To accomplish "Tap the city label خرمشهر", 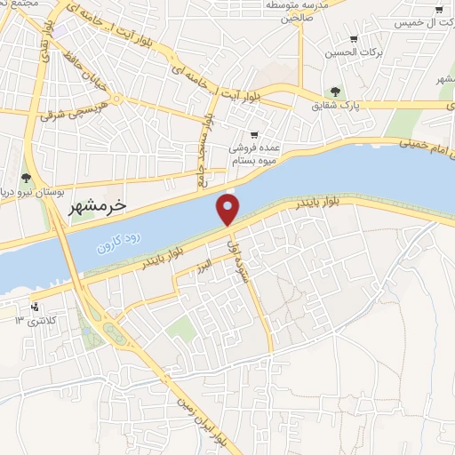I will click(98, 205).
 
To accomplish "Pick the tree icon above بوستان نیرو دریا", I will click(27, 179).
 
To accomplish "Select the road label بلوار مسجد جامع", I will click(211, 151).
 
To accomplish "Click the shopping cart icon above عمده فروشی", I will click(254, 133).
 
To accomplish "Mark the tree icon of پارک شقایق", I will click(335, 92).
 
